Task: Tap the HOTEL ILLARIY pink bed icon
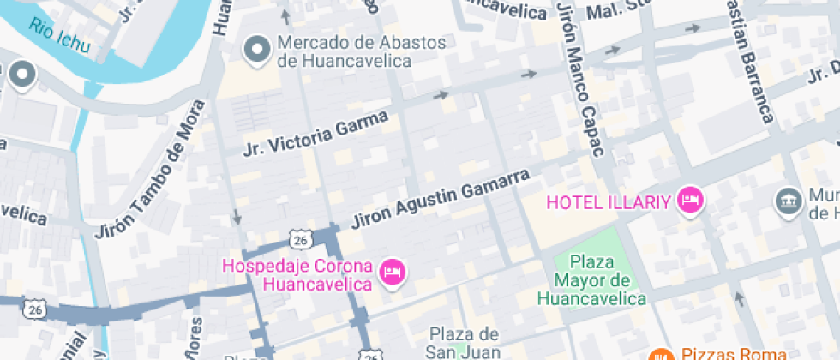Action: [690, 201]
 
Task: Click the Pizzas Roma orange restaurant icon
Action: [661, 353]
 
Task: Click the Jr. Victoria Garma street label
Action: [316, 133]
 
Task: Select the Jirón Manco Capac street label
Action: [580, 81]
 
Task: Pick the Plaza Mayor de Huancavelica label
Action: [591, 280]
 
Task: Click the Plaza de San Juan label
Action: [464, 341]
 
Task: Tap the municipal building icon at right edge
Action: [786, 203]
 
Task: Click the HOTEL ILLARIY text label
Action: [609, 202]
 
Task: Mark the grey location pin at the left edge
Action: [21, 75]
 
